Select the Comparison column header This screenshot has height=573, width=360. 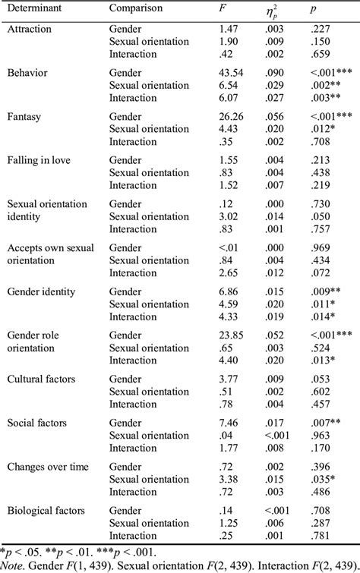coord(135,8)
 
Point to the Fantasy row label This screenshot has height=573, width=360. coord(24,116)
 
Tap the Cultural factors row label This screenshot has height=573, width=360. coord(39,379)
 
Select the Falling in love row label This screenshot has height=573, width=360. coord(38,160)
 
